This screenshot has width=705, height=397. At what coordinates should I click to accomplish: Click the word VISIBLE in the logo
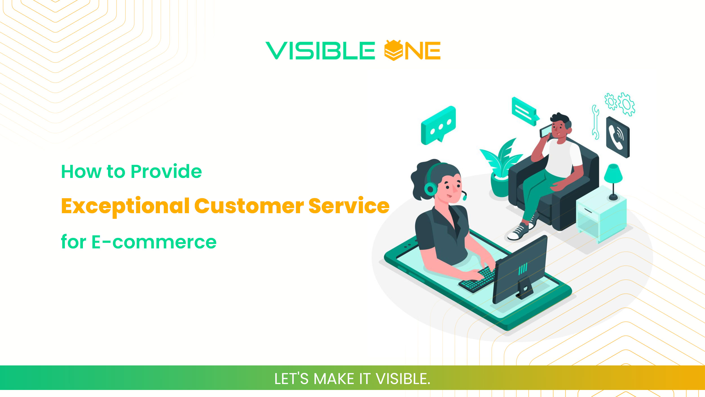coord(320,51)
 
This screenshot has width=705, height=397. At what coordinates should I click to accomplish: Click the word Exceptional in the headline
coord(125,206)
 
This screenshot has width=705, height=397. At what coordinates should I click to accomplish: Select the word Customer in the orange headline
coord(249,206)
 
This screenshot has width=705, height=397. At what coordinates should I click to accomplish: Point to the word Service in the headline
coord(349,206)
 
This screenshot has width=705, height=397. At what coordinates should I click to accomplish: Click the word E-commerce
coord(154,242)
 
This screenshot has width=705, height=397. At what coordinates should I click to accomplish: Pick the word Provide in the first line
coord(166,171)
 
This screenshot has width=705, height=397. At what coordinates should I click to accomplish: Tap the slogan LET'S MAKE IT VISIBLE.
coord(352,379)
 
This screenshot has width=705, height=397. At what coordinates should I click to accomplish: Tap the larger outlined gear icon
coord(627,104)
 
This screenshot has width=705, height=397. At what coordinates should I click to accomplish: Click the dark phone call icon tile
coord(618,137)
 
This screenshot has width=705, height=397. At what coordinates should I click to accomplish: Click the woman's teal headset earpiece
coord(430,188)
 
